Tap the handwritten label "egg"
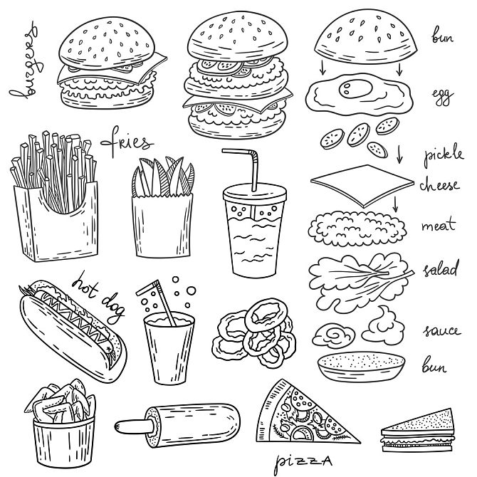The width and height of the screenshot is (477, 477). click(x=441, y=96)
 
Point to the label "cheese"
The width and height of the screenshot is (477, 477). click(x=444, y=185)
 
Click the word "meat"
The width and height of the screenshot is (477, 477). click(x=439, y=226)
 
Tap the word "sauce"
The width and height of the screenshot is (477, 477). click(x=442, y=331)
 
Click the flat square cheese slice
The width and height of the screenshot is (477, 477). click(x=360, y=187)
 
